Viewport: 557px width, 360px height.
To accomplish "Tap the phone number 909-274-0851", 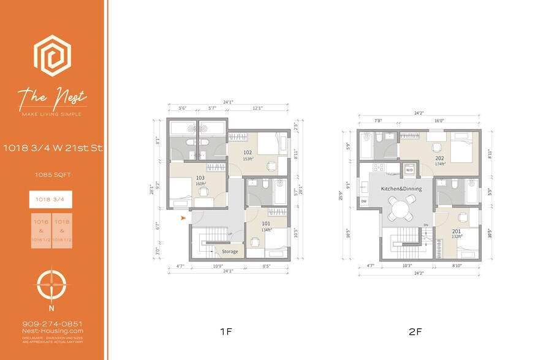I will (52, 324).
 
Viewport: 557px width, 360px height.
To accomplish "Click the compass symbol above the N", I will (52, 284).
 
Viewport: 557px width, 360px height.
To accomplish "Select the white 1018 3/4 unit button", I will (51, 199).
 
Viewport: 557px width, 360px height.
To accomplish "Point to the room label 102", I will (248, 153).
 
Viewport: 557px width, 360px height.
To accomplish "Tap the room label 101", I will (266, 224).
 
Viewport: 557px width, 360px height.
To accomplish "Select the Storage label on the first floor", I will (230, 251).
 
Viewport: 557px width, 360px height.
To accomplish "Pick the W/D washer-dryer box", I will (407, 170).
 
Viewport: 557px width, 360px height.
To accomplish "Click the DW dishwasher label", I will (363, 201).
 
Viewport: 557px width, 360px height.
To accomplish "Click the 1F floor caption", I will (225, 332).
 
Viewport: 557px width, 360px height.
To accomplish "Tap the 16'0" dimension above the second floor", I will (439, 121).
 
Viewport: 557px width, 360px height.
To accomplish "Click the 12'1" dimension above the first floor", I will (257, 108).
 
